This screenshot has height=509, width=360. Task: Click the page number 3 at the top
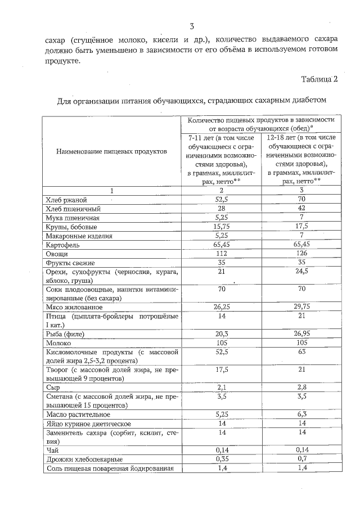coord(191,26)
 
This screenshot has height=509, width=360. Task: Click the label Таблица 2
coord(319,78)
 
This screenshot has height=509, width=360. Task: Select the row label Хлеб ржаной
coord(66,200)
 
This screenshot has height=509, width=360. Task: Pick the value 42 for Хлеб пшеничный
coord(301,209)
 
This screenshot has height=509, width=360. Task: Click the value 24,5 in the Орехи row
coord(301,272)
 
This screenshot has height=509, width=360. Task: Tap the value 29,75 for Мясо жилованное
coord(301,308)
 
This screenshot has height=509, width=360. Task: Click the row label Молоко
coord(58,344)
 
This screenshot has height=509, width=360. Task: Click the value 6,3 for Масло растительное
coord(301,415)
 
